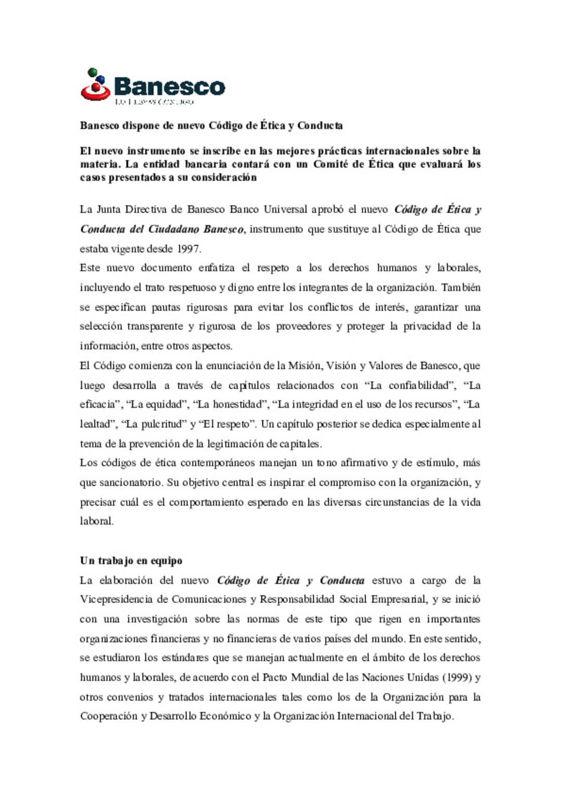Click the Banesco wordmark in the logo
point(169,86)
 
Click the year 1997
point(188,249)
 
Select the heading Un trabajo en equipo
point(131,560)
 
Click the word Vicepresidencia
point(116,599)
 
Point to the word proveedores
point(303,326)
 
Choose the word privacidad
point(427,326)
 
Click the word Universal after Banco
point(285,210)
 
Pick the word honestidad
point(238,405)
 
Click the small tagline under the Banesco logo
point(154,102)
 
